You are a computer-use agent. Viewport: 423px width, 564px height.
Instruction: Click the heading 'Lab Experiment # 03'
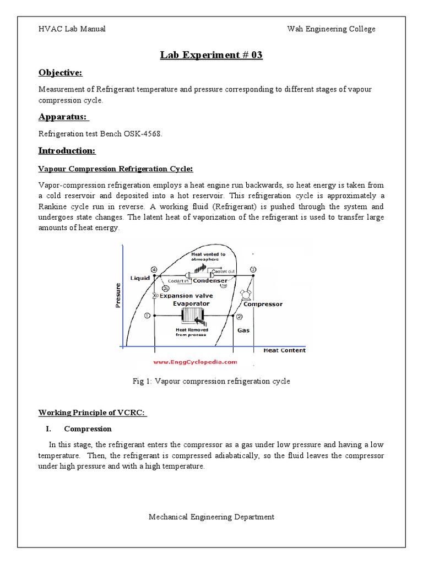(x=211, y=55)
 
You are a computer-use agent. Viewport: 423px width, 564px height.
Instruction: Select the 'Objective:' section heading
(x=60, y=73)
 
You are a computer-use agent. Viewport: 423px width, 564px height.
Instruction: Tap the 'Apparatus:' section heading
(x=63, y=116)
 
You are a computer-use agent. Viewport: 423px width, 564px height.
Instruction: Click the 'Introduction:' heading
(x=67, y=151)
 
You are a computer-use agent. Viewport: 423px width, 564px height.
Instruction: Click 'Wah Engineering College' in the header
(x=332, y=29)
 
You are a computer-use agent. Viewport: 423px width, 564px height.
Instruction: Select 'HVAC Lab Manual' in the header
(x=72, y=29)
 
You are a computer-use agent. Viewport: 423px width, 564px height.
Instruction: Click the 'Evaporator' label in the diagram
(x=191, y=303)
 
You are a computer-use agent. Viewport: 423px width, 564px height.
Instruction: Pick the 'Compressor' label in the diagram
(x=263, y=304)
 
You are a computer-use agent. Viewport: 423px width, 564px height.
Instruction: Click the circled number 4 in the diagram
(x=154, y=269)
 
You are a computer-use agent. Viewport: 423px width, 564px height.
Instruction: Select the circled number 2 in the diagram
(x=239, y=317)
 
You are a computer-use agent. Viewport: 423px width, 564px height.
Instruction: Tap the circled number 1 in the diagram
(x=147, y=316)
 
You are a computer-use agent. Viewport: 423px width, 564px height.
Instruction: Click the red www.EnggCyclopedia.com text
(x=194, y=362)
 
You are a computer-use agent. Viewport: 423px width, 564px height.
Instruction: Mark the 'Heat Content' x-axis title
(x=284, y=350)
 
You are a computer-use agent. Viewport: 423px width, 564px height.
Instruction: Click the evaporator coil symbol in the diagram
(x=192, y=316)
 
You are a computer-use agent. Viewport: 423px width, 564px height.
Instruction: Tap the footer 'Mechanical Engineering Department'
(x=211, y=517)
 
